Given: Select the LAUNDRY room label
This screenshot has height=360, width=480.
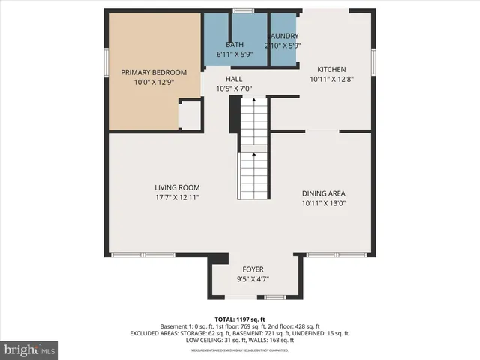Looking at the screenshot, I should pos(283,36).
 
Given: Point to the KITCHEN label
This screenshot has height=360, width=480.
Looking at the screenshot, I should pos(331,68).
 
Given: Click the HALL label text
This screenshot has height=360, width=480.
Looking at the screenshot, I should pos(234,79).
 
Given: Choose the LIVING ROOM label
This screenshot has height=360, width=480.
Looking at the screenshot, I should pos(177,187).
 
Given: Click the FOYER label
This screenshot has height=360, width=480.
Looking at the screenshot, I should pos(253,269).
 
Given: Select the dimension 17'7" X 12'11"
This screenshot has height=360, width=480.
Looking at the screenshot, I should pos(177,197).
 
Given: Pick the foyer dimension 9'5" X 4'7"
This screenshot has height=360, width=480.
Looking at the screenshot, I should pos(253,279).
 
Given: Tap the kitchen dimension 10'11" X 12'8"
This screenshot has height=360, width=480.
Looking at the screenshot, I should pos(331,78).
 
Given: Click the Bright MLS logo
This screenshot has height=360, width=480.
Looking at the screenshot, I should pos(30,349).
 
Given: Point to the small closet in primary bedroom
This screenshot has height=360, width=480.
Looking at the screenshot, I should pos(190,115).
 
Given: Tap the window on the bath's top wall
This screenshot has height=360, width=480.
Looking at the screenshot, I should pos(241,10).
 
